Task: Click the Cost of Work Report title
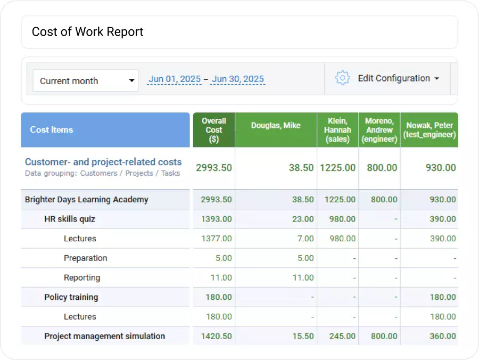click(x=88, y=32)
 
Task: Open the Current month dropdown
click(x=85, y=81)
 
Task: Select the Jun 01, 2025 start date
click(x=175, y=79)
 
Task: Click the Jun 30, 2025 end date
click(x=237, y=79)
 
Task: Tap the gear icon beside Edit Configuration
click(x=342, y=78)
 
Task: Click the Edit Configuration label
click(x=394, y=78)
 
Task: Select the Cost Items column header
click(x=52, y=130)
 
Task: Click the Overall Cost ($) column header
click(x=214, y=130)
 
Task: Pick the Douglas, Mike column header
click(x=276, y=126)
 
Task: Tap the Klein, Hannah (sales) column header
click(x=338, y=130)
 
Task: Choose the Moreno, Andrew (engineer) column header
click(x=379, y=130)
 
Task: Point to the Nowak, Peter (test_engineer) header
click(x=429, y=130)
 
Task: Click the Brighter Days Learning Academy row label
click(x=87, y=200)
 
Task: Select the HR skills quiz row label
click(x=70, y=219)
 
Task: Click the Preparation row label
click(x=86, y=258)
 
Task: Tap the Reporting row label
click(x=82, y=277)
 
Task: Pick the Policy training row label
click(x=71, y=297)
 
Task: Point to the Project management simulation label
click(x=105, y=336)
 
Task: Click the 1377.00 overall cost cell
click(x=217, y=239)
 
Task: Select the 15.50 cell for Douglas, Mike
click(x=303, y=336)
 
